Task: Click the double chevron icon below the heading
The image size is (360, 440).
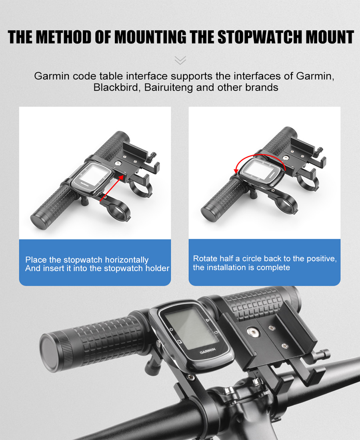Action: [180, 60]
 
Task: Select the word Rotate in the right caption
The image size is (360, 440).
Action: [205, 258]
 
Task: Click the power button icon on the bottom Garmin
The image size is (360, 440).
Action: [171, 329]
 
